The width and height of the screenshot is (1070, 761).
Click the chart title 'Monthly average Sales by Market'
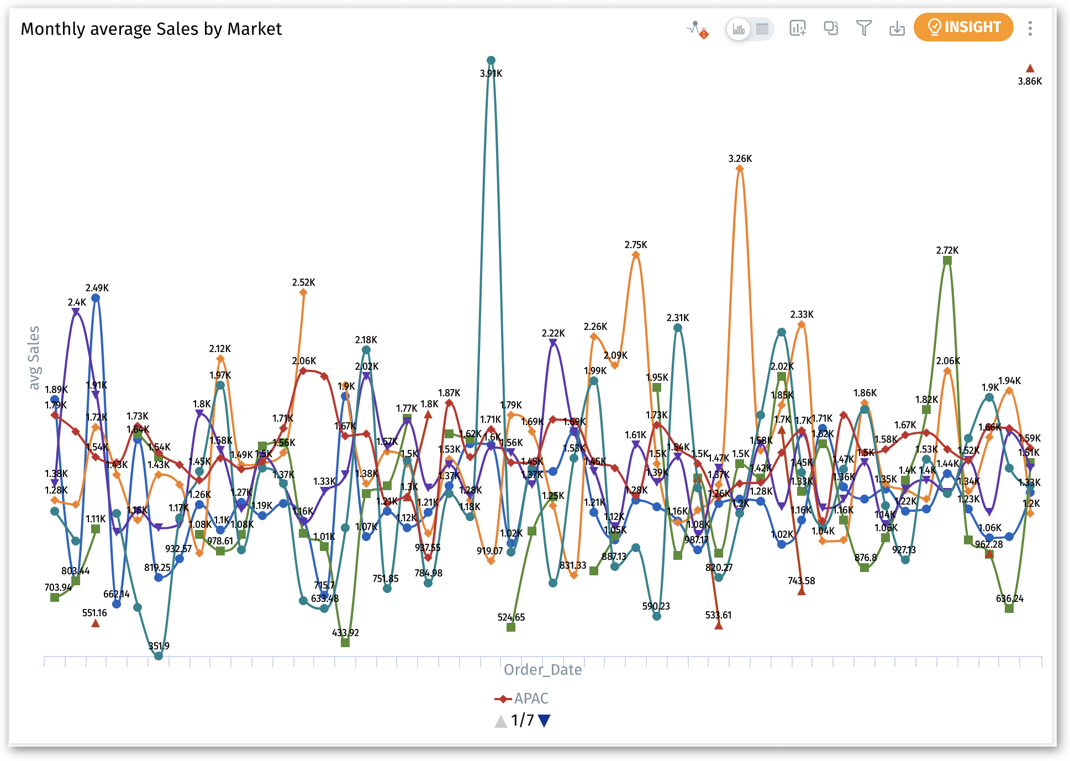pos(151,29)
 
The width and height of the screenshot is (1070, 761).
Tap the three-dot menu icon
pos(1030,28)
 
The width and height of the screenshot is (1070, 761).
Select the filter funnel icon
pos(863,28)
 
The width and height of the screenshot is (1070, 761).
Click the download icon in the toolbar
pos(897,28)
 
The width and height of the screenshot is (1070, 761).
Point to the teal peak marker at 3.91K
pos(491,60)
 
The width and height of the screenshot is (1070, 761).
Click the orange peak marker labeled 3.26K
pos(740,169)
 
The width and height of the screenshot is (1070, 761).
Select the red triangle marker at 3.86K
pos(1030,69)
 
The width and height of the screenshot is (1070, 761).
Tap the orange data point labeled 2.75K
pos(636,255)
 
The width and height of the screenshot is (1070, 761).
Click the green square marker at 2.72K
pos(947,260)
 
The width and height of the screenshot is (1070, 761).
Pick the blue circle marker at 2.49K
pos(96,298)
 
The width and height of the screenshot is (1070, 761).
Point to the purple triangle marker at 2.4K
pos(76,312)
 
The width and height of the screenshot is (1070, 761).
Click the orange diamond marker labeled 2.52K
pos(303,292)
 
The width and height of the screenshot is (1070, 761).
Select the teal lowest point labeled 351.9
pos(159,656)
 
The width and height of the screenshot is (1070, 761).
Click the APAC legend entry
pos(521,699)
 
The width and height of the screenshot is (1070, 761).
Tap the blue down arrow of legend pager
pos(544,721)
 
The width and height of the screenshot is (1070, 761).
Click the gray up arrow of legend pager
pos(500,721)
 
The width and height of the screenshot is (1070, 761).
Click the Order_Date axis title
pos(542,670)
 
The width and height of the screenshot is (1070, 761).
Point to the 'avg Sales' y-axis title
pos(34,358)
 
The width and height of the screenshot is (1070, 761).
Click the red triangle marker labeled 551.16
pos(96,623)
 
